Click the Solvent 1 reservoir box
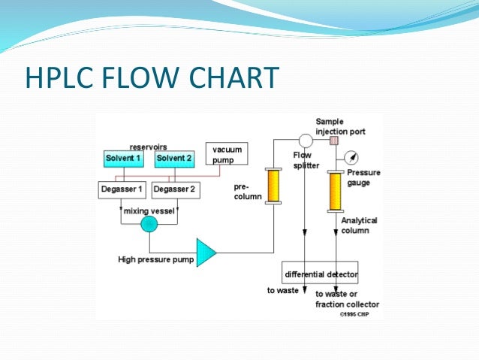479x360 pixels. pyautogui.click(x=123, y=159)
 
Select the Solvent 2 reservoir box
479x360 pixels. pyautogui.click(x=174, y=159)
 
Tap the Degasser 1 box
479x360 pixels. pyautogui.click(x=123, y=189)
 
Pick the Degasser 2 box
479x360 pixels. pyautogui.click(x=175, y=189)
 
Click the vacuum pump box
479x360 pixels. pyautogui.click(x=226, y=155)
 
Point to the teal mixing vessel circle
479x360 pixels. pyautogui.click(x=149, y=224)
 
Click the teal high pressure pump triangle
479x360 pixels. pyautogui.click(x=205, y=253)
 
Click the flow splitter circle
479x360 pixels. pyautogui.click(x=306, y=140)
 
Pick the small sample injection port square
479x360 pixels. pyautogui.click(x=335, y=140)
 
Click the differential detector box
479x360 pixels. pyautogui.click(x=321, y=274)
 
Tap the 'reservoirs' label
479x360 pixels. pyautogui.click(x=149, y=147)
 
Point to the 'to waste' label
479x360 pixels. pyautogui.click(x=283, y=290)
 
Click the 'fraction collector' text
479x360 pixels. pyautogui.click(x=347, y=304)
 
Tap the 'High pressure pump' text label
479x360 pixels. pyautogui.click(x=156, y=260)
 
